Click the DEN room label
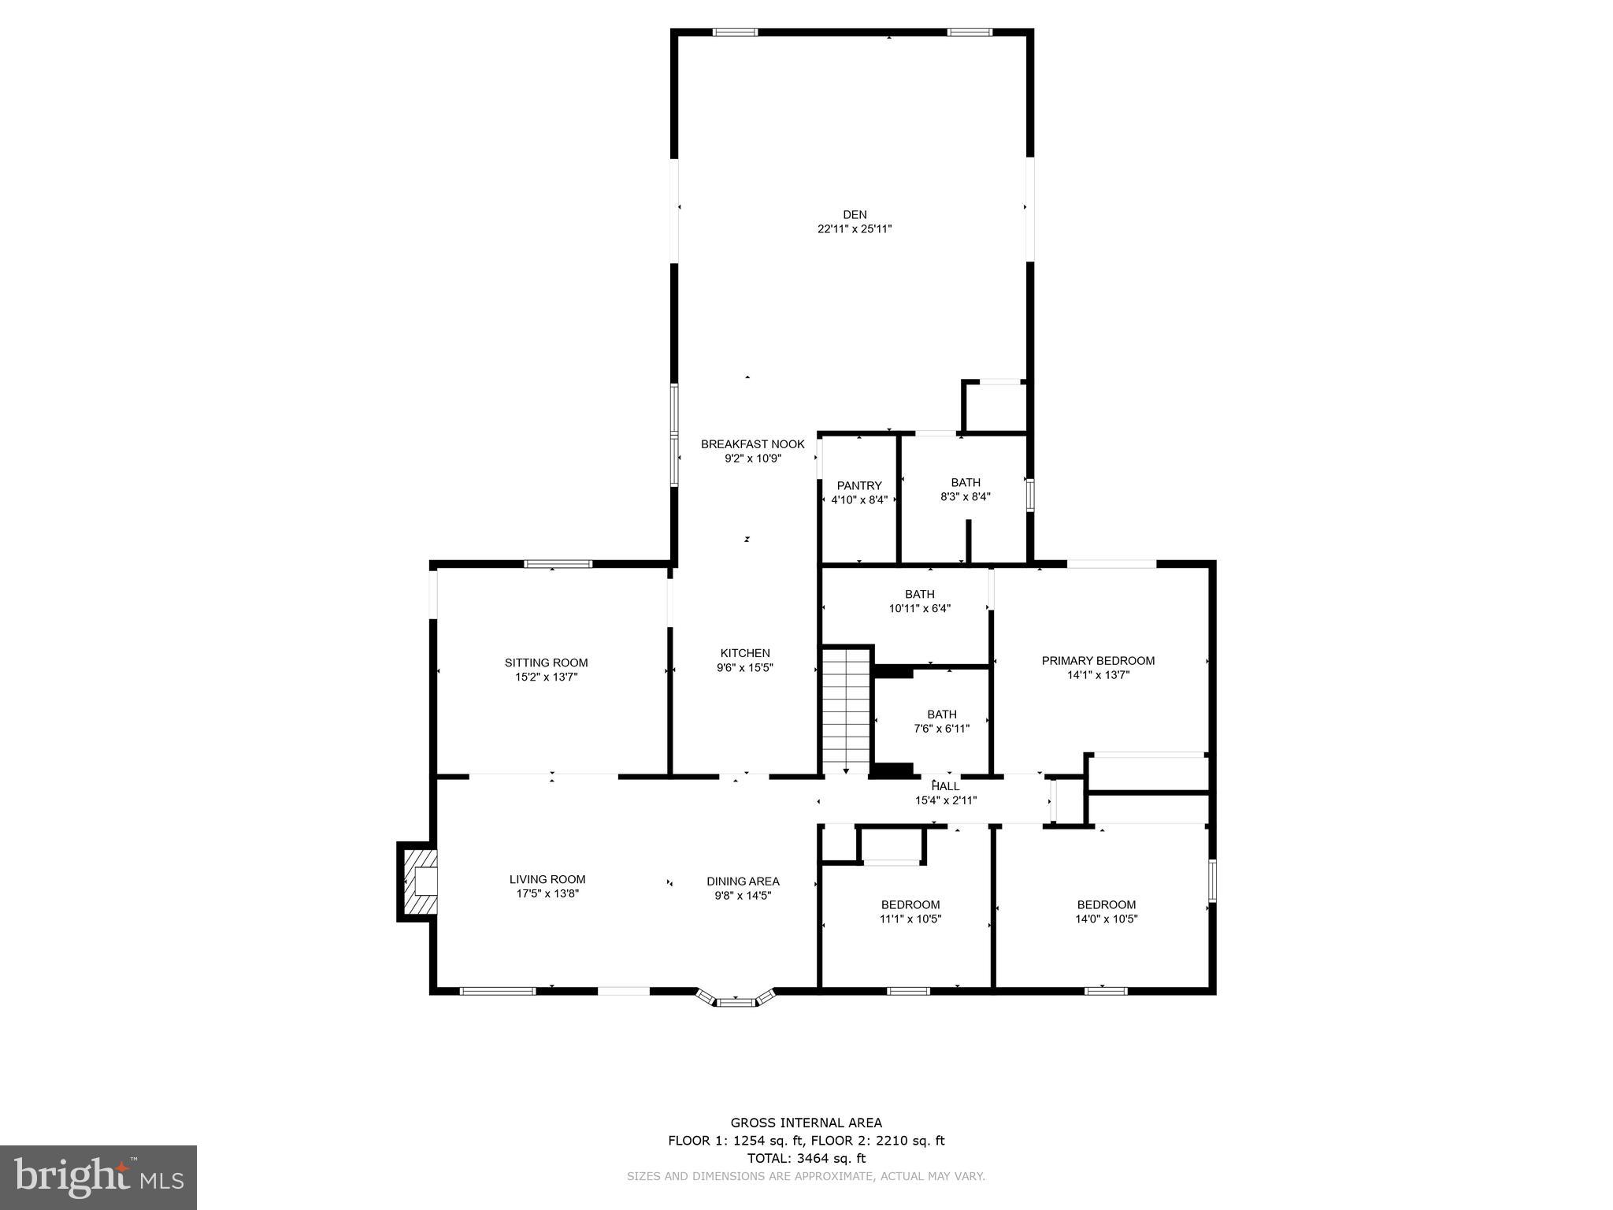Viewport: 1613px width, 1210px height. pos(855,214)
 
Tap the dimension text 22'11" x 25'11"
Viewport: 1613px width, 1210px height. pos(855,229)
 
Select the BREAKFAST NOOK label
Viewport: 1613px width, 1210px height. pos(753,444)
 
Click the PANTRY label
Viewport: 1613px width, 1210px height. pos(859,486)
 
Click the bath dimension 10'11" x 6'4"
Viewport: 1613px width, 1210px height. pos(920,608)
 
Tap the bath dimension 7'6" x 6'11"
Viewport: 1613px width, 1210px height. pos(941,729)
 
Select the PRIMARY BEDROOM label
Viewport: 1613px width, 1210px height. pos(1098,661)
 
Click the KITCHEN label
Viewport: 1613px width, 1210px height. pos(745,653)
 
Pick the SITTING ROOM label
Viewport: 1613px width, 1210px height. pos(546,663)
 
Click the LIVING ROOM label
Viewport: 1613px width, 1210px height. pos(547,880)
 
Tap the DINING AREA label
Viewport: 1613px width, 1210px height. pos(743,882)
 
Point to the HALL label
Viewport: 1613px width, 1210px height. pos(946,786)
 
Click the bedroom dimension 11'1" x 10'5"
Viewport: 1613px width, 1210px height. pos(910,919)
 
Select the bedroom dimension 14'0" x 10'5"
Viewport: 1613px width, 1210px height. pos(1107,919)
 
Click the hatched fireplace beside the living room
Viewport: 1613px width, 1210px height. pos(418,882)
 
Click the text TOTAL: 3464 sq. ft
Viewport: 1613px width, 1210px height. pos(806,1158)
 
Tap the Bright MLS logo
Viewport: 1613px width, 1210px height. pos(98,1177)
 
